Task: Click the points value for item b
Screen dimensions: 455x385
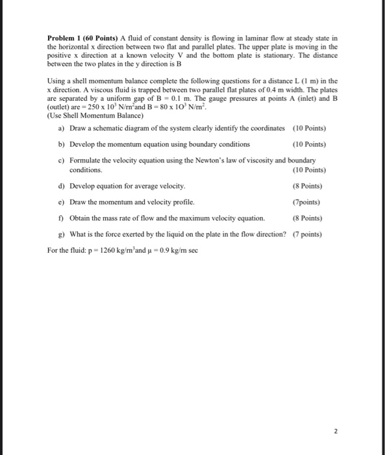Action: [x=309, y=144]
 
